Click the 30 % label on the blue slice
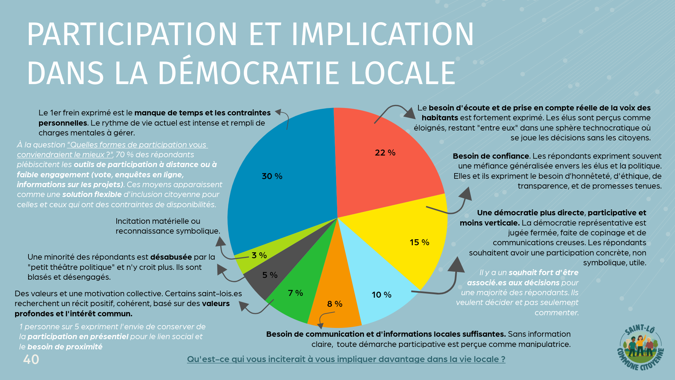coord(272,176)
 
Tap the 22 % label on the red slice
coord(385,153)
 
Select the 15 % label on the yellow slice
coord(419,242)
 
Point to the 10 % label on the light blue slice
coord(381,295)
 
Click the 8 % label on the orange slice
coord(335,304)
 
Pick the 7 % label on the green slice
coord(295,293)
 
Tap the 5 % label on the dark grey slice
coord(270,275)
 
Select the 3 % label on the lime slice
coord(259,255)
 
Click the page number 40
coord(31,360)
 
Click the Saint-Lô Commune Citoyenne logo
coord(641,348)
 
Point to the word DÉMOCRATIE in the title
coord(248,73)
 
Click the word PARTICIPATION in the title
coord(132,34)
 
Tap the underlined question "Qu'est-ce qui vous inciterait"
coord(346,359)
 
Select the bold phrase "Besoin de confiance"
coord(491,156)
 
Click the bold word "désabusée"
coord(171,257)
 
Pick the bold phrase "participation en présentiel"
coord(78,336)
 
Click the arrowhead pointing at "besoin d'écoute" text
coord(410,113)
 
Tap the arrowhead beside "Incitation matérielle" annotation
coord(220,242)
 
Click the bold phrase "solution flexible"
coord(92,194)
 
